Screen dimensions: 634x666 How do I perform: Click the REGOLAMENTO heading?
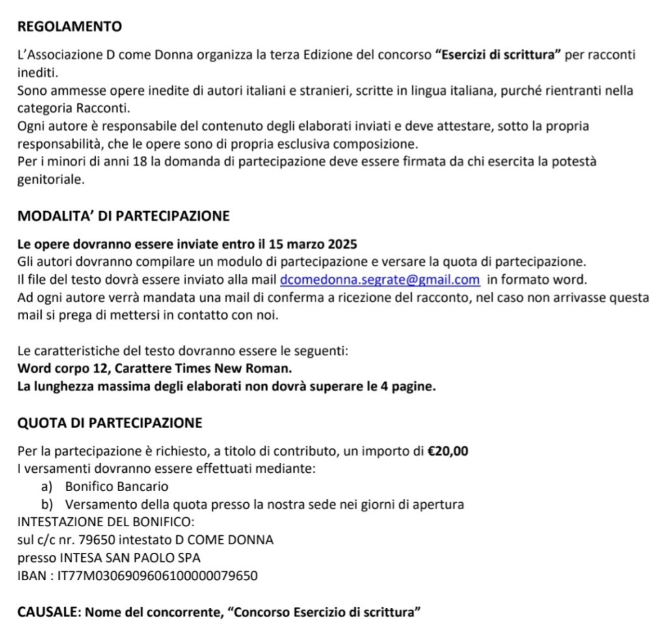70,27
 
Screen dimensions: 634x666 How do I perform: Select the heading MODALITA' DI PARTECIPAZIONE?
124,216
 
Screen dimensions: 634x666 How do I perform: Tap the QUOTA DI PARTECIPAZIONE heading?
110,423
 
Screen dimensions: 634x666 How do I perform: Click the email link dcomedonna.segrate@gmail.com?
380,280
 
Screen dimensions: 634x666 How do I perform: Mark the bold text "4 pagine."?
407,387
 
